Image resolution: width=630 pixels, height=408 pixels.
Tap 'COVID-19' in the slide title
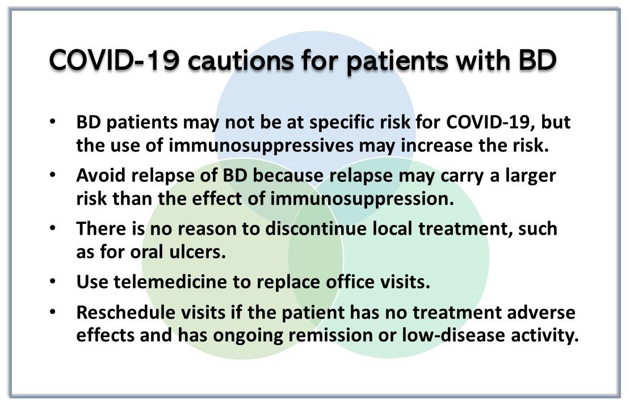pos(114,61)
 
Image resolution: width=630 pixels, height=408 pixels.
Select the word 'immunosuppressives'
pos(261,146)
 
